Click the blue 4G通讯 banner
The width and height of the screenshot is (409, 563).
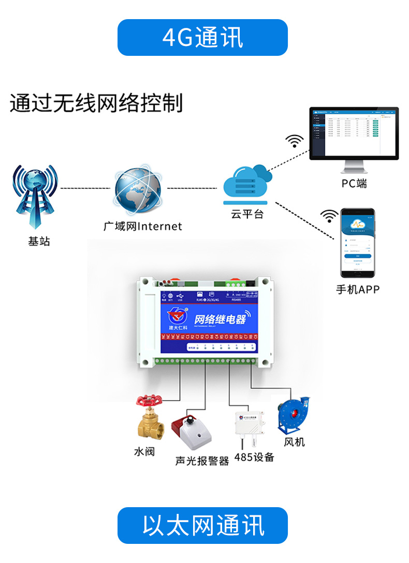coord(202,37)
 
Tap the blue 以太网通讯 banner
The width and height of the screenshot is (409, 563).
coord(202,525)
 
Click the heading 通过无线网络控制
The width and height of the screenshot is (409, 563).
coord(97,103)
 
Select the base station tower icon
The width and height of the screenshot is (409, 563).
coord(35,197)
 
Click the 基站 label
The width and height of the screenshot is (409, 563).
coord(39,241)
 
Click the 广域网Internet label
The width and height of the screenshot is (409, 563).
coord(143,226)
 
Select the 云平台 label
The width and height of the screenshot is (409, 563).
coord(247,214)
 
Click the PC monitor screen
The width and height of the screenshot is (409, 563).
coord(354,133)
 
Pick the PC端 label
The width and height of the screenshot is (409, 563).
coord(354,184)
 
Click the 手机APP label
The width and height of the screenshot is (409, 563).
coord(358,290)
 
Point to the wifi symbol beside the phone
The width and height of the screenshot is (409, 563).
coord(329,216)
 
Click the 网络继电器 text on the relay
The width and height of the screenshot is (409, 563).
coord(219,319)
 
